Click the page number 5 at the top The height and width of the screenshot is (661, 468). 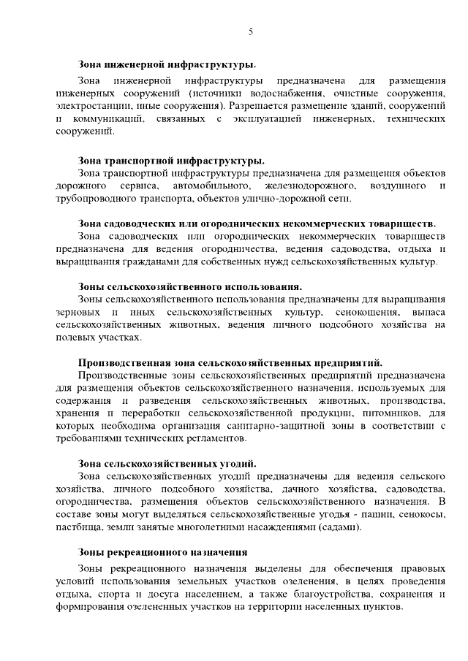click(x=250, y=31)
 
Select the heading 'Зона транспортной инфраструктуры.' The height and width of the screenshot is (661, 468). click(x=171, y=160)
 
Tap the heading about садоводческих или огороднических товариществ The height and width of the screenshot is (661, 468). click(x=257, y=223)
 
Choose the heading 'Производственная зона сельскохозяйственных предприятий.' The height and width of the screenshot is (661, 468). click(x=230, y=362)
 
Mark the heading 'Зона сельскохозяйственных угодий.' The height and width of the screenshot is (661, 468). click(x=167, y=463)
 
